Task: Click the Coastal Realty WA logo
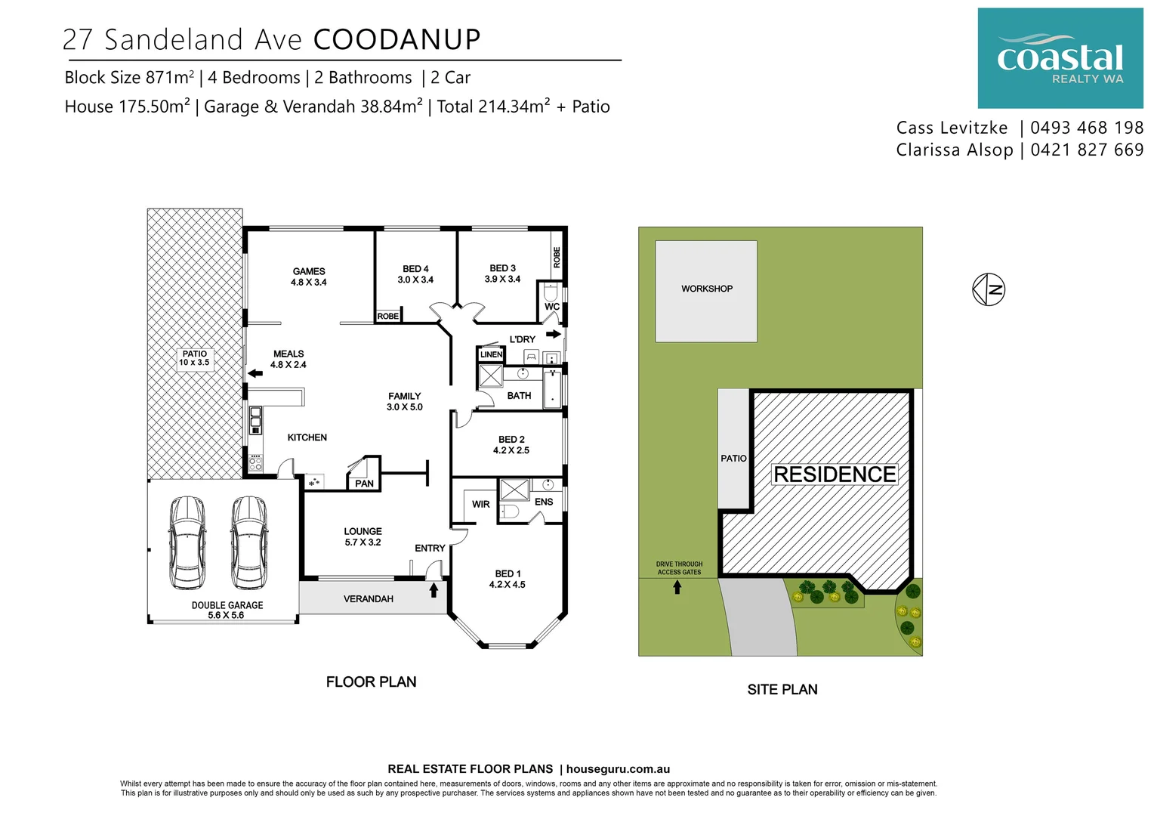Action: [1060, 58]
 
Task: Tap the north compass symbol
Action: [989, 289]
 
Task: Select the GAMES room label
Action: [309, 277]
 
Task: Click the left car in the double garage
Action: [187, 542]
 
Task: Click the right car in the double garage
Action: [248, 542]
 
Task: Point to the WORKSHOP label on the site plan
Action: [706, 289]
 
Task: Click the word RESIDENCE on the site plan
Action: [835, 474]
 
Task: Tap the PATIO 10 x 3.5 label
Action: [194, 358]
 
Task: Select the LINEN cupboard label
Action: [491, 354]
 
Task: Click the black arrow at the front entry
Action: [434, 589]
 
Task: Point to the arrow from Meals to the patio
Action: [255, 373]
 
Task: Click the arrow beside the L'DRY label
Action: [554, 334]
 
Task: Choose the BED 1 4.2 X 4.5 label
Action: [507, 579]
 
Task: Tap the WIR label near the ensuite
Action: [481, 504]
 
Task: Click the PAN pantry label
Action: [364, 484]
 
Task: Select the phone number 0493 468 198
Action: [1087, 128]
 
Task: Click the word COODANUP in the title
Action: [396, 40]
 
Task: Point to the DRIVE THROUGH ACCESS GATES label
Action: [679, 568]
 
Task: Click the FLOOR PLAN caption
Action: [371, 682]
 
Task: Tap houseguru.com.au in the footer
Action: [618, 769]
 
